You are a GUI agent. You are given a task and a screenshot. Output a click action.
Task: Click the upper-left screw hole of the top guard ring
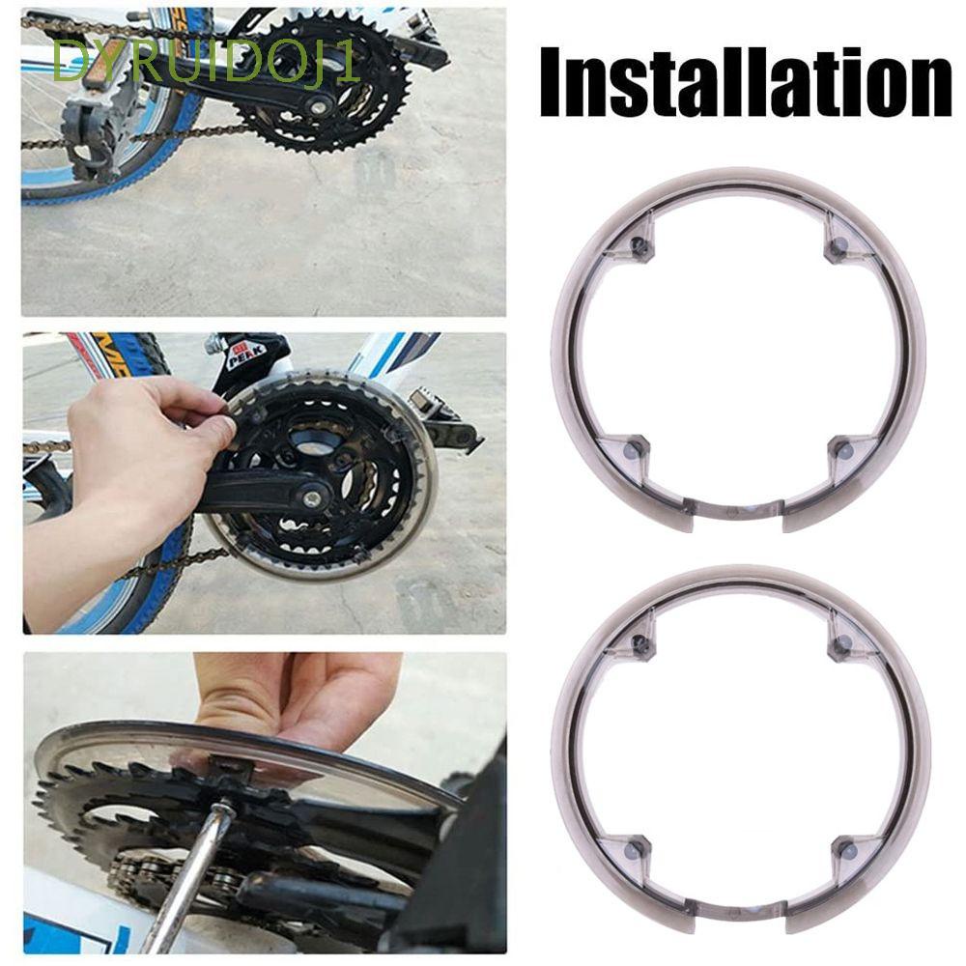638,245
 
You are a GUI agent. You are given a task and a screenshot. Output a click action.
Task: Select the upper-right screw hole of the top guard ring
838,245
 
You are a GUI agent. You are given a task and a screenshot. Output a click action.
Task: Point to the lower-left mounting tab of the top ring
629,450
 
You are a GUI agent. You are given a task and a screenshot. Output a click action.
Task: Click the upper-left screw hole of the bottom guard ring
639,640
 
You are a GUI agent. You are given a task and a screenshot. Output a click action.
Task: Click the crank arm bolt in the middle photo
311,499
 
